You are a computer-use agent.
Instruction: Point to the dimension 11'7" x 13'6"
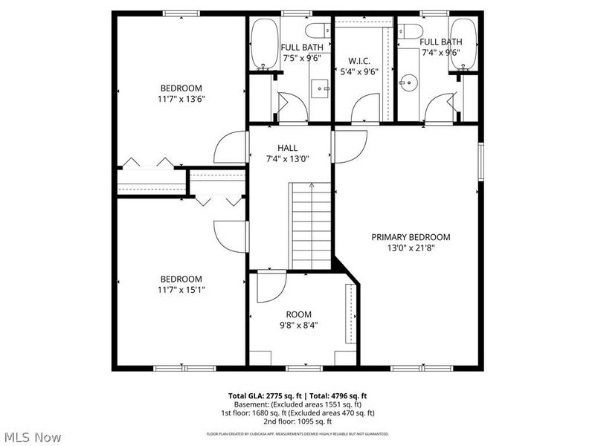pyautogui.click(x=181, y=98)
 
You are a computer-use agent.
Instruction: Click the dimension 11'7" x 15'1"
pyautogui.click(x=181, y=290)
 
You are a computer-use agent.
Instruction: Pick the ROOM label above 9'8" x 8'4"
pyautogui.click(x=299, y=314)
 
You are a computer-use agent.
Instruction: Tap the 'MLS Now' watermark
pyautogui.click(x=33, y=437)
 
